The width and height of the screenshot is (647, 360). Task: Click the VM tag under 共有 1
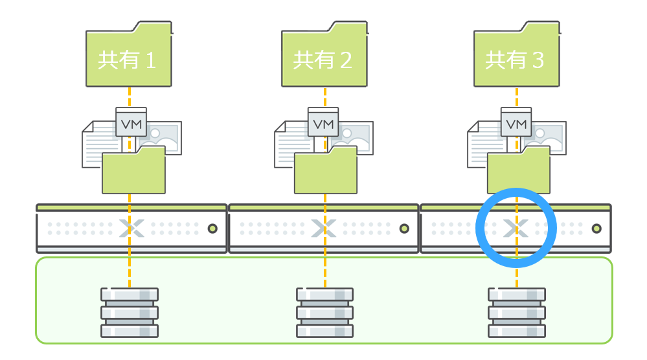[131, 122]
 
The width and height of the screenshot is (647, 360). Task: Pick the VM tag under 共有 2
[323, 122]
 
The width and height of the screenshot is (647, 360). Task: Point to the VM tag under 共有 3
[516, 122]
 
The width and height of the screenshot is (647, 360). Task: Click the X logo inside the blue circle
[516, 228]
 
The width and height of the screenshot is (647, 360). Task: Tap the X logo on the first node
[131, 228]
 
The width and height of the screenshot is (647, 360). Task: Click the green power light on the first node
[212, 229]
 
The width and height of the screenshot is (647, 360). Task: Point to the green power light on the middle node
[404, 229]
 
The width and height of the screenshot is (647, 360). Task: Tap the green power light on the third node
[596, 229]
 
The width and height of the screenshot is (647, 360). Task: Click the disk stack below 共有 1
[130, 312]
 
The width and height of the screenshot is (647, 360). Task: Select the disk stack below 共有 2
[324, 312]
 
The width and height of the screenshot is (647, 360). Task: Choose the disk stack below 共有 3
[516, 312]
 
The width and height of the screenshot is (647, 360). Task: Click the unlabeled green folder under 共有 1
[133, 172]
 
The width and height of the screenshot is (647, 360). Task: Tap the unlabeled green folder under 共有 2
[326, 172]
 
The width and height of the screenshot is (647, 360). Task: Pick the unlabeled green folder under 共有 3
[518, 172]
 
